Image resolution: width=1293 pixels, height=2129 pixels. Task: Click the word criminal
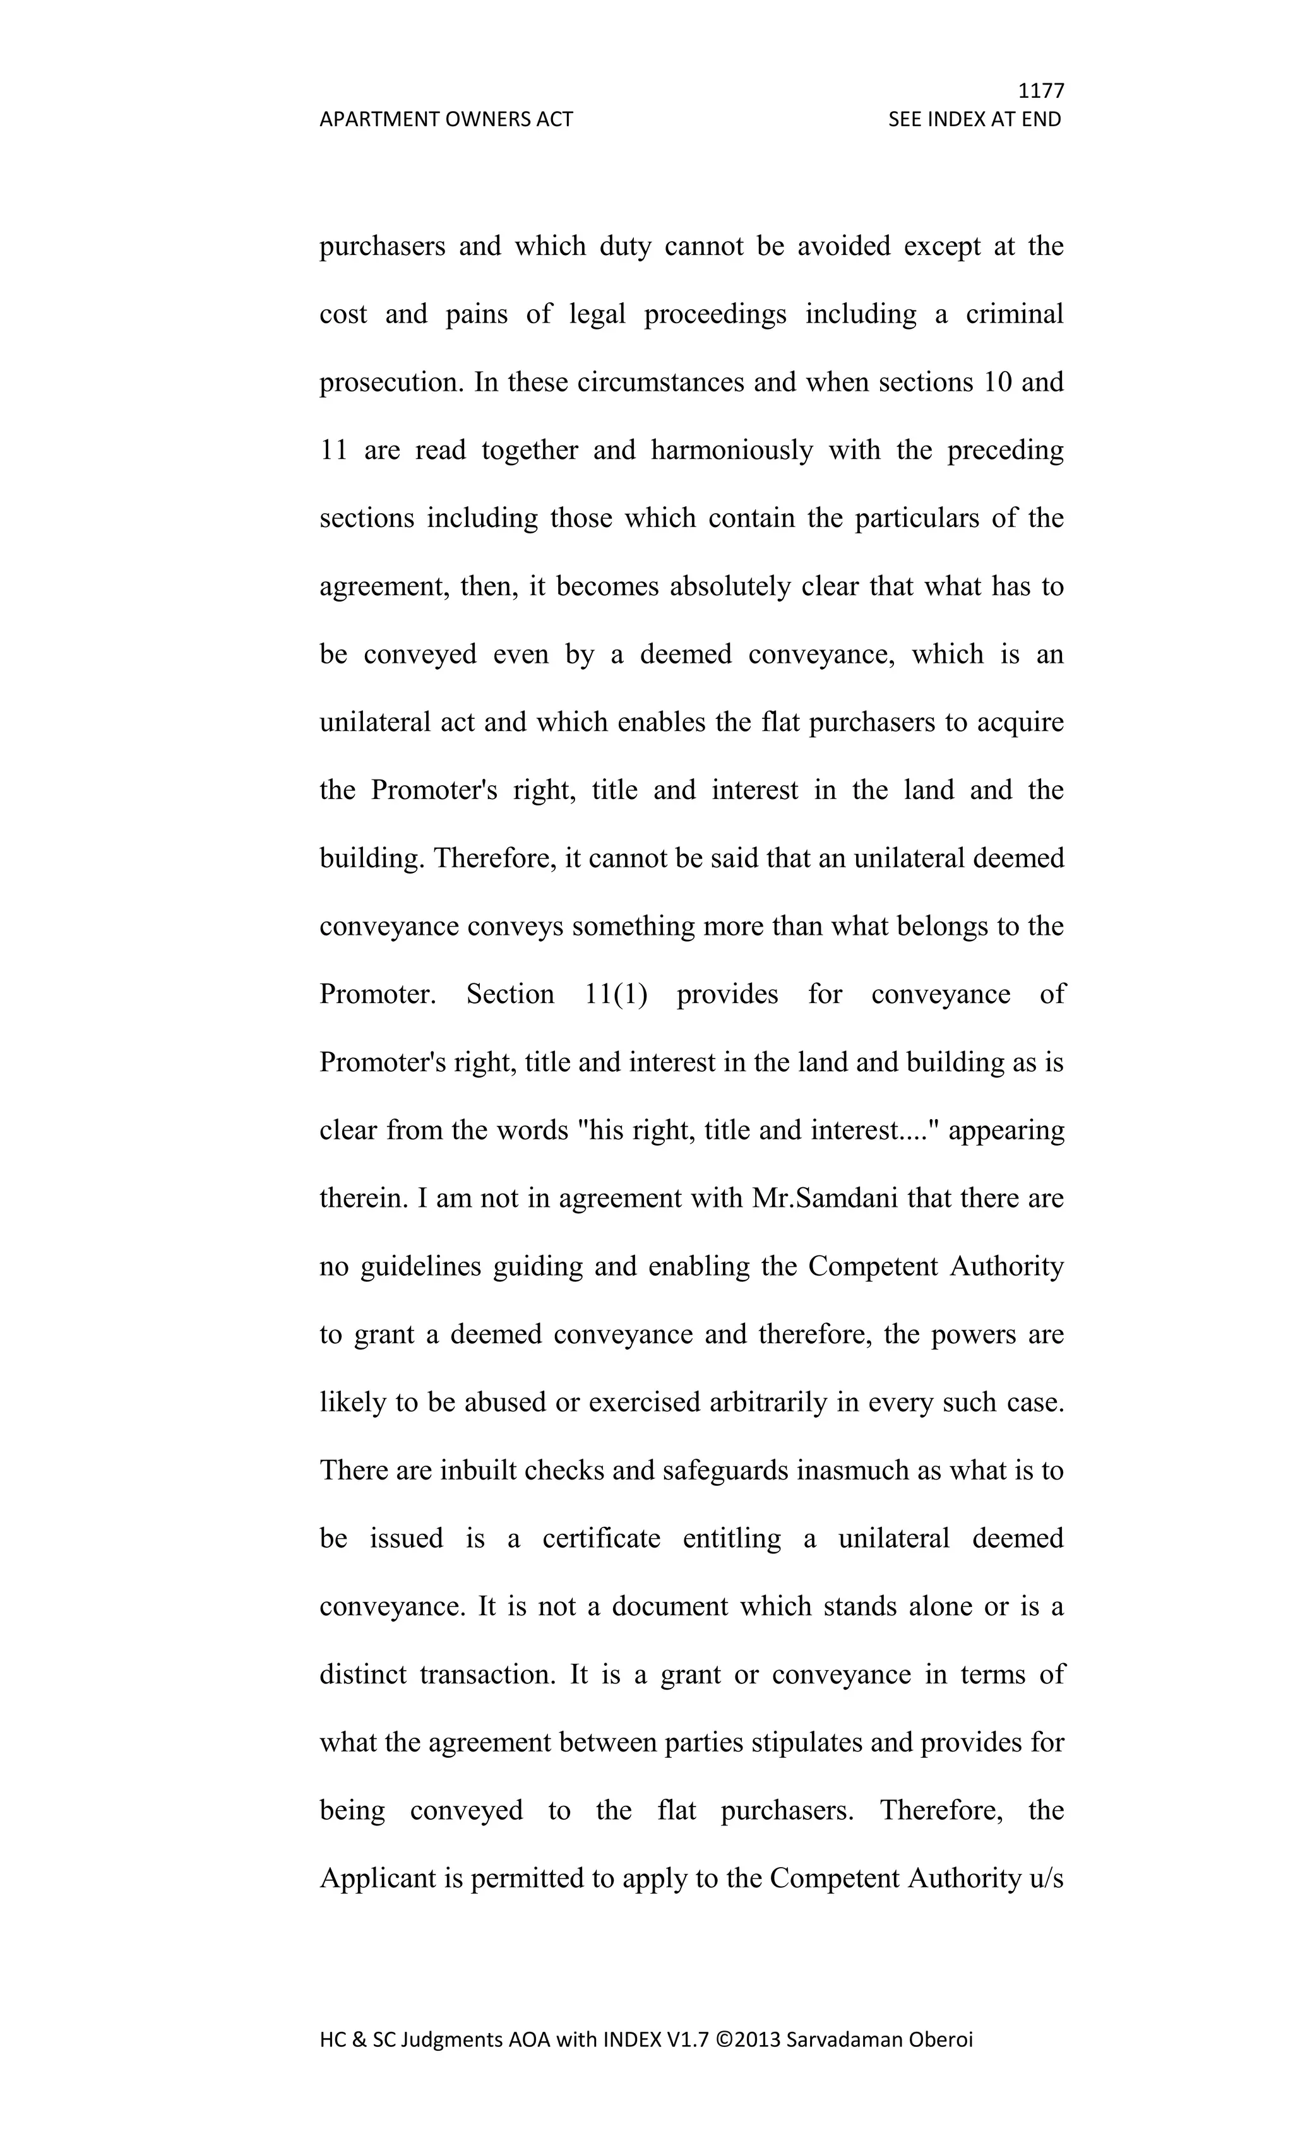point(1014,314)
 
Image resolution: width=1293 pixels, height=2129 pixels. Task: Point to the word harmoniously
point(731,450)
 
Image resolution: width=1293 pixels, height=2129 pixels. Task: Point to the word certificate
point(602,1539)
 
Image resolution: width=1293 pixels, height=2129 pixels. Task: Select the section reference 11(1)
point(616,995)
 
